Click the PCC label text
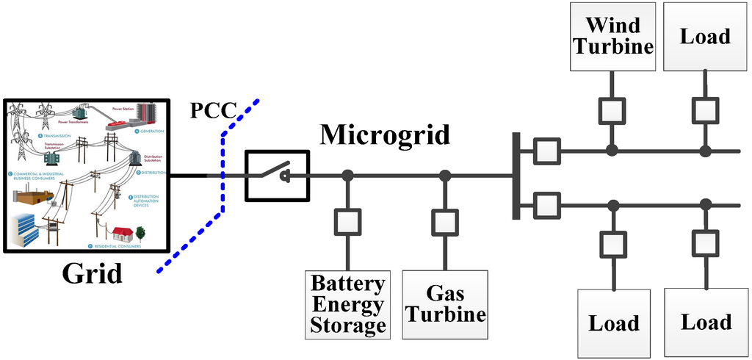[213, 111]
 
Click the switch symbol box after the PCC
[277, 175]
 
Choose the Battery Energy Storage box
[347, 304]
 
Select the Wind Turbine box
[613, 35]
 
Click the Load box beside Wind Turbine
[706, 35]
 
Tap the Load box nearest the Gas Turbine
[614, 323]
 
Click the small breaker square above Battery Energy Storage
[347, 222]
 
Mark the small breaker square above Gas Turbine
[445, 222]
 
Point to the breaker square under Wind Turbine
[612, 109]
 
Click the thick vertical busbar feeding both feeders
[517, 176]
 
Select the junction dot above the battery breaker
[347, 176]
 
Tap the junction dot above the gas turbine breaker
[445, 176]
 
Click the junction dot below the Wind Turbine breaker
[612, 151]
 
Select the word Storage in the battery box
[347, 325]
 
